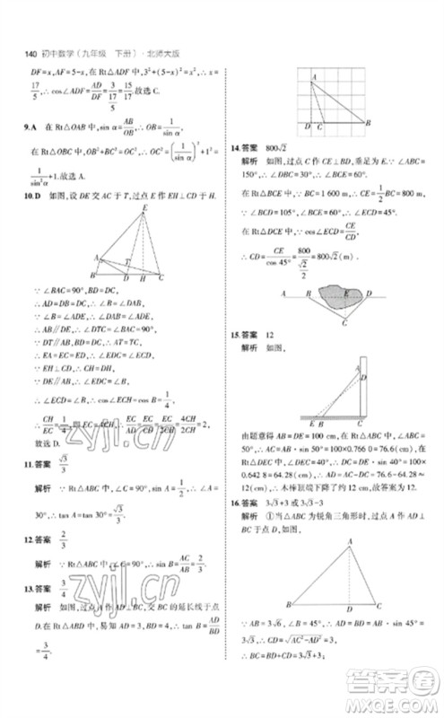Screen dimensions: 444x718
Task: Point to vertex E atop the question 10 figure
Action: (143, 209)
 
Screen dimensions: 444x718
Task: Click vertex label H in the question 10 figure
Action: (147, 278)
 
